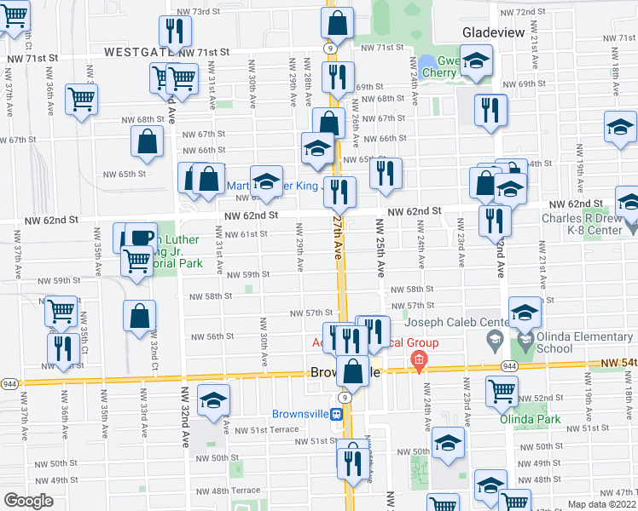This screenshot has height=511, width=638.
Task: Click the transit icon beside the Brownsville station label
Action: coord(337,415)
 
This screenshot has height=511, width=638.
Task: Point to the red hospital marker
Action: coord(418,360)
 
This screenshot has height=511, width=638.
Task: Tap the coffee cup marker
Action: coord(141,236)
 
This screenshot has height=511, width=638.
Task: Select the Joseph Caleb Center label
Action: coord(447,322)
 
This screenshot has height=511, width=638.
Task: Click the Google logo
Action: coord(28,501)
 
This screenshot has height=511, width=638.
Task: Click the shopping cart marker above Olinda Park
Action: coord(502,390)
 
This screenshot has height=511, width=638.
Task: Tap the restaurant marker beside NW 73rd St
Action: coord(175,31)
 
